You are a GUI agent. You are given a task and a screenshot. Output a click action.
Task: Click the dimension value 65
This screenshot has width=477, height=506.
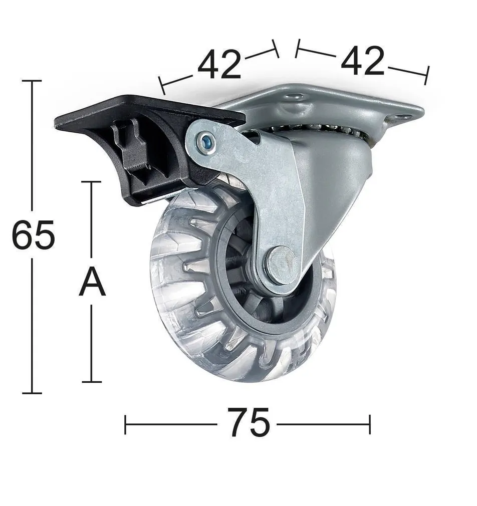(x=33, y=235)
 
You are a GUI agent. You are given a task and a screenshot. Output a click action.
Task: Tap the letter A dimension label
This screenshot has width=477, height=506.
(x=92, y=283)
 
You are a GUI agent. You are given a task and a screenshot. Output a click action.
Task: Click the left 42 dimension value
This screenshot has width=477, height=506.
(x=219, y=65)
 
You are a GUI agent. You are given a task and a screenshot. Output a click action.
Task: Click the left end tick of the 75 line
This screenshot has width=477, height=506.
(x=125, y=424)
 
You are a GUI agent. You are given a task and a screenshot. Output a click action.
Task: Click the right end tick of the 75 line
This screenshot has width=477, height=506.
(x=370, y=424)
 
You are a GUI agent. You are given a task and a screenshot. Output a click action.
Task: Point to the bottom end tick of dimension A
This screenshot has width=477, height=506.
(x=92, y=382)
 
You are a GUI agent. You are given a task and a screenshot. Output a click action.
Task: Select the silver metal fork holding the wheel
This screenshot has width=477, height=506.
(x=281, y=200)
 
